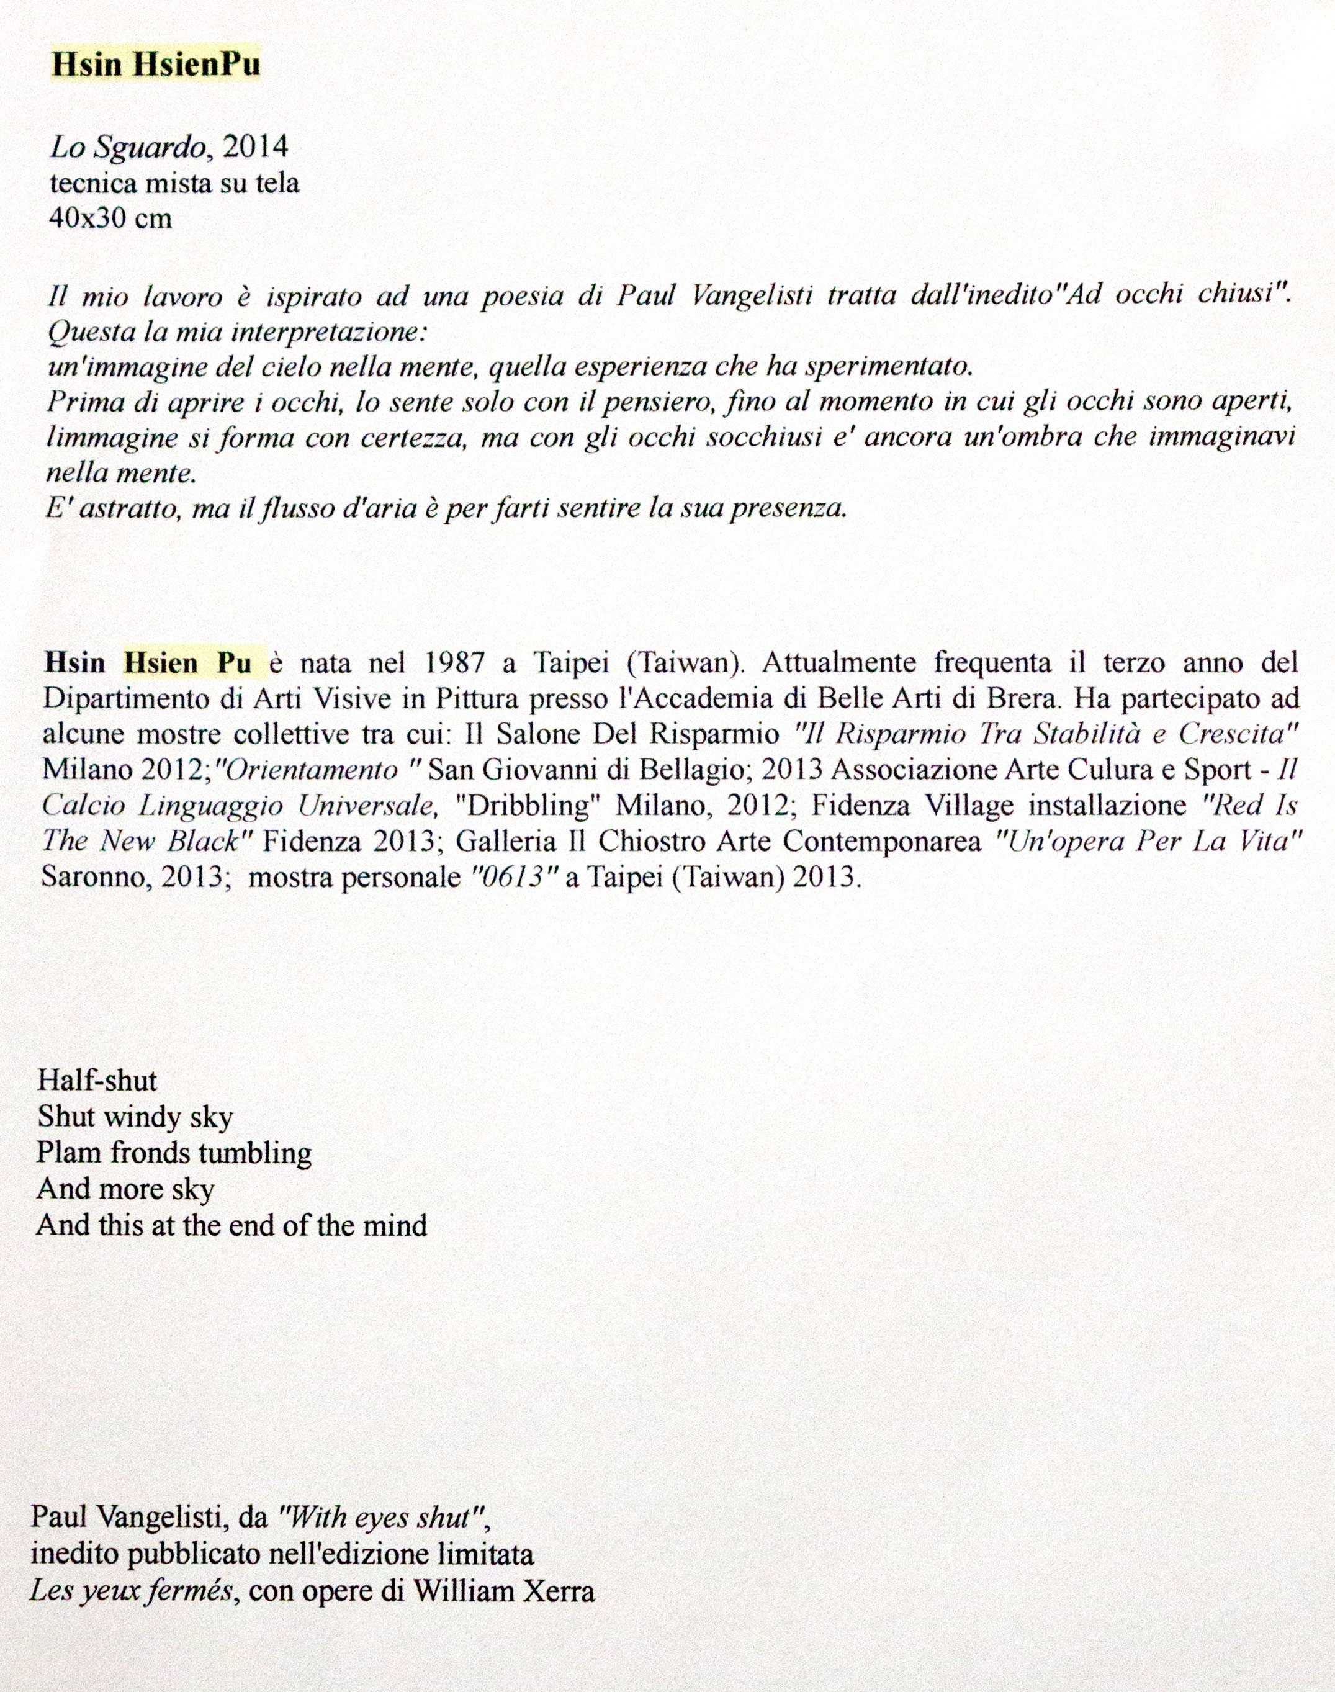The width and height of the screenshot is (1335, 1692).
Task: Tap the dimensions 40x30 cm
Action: [x=109, y=218]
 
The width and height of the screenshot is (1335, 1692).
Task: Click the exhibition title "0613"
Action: [x=513, y=878]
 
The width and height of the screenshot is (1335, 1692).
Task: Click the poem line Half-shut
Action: [x=97, y=1081]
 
